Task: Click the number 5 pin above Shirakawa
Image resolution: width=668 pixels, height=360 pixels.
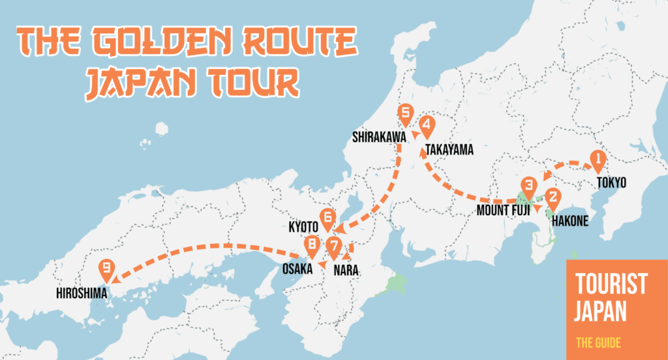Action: tap(406, 115)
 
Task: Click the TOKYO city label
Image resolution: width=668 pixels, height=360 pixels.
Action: tap(611, 183)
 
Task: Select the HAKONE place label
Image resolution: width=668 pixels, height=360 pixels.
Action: tap(569, 222)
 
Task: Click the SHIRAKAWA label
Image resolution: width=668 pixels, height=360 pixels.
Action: tap(379, 137)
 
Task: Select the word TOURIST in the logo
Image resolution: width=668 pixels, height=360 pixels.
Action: tap(611, 284)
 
